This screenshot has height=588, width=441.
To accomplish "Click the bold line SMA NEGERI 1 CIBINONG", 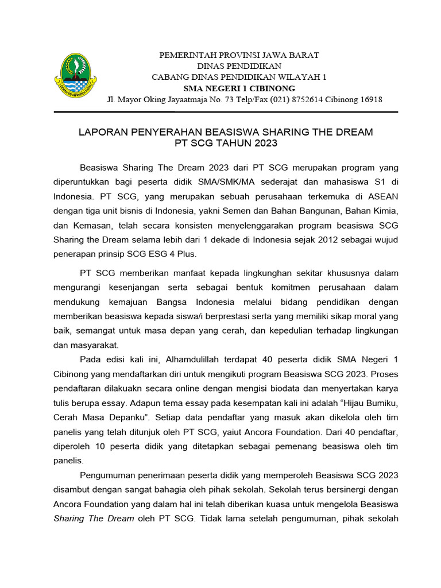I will (239, 88).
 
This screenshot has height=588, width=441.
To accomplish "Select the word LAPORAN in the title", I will (101, 133).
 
